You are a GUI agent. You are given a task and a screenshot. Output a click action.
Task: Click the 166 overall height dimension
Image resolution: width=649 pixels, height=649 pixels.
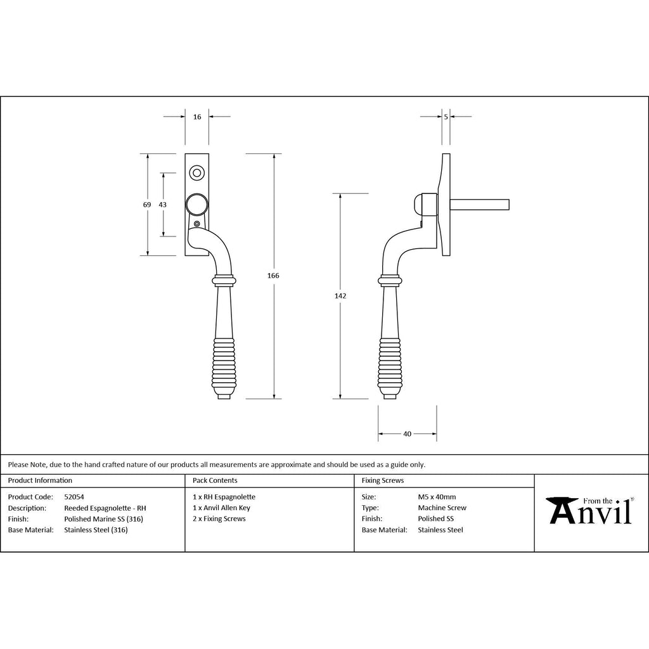(273, 276)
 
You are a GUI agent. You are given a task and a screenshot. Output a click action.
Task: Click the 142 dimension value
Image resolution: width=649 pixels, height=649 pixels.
(340, 296)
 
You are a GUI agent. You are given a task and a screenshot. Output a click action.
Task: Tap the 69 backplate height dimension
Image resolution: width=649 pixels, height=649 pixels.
(147, 205)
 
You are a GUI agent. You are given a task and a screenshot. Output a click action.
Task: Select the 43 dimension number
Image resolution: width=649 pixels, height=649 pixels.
(163, 205)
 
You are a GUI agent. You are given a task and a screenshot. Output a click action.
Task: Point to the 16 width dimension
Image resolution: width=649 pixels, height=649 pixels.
(197, 117)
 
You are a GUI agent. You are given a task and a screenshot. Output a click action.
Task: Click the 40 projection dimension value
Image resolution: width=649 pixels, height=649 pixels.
(408, 434)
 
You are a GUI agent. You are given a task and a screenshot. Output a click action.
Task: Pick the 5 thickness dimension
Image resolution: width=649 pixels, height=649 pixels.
(446, 117)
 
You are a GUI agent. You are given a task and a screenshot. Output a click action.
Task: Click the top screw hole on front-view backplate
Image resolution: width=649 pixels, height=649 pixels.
(196, 172)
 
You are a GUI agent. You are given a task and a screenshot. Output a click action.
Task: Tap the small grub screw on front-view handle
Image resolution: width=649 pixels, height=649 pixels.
(196, 224)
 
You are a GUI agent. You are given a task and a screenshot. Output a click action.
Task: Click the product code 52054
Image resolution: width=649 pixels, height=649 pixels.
(74, 497)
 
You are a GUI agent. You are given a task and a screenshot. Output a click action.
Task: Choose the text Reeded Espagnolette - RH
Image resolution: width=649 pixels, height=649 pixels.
(105, 508)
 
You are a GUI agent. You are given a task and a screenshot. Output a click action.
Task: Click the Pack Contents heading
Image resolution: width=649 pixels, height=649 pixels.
(215, 480)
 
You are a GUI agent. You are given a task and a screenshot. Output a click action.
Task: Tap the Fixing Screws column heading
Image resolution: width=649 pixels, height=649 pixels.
(383, 480)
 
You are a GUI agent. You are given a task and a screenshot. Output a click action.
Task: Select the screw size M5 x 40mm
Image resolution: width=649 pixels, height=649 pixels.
(437, 497)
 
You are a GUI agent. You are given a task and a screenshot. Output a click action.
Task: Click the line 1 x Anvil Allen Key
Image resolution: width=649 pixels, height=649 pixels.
(221, 508)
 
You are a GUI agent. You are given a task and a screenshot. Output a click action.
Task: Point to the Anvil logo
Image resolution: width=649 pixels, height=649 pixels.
(590, 510)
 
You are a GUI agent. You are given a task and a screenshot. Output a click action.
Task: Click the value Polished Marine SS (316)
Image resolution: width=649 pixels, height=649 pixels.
(103, 519)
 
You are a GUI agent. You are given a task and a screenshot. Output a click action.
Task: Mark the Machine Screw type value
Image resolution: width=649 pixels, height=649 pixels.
(442, 508)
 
